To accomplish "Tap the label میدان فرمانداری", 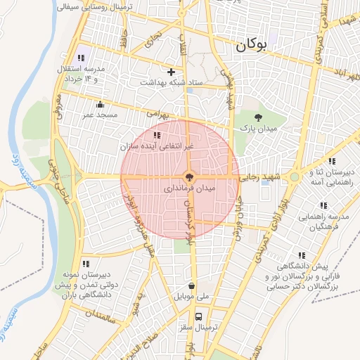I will coord(190,188).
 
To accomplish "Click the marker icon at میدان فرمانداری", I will coord(188,176).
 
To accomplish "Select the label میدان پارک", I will coord(259,129).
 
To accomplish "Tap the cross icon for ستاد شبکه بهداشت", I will coord(171,71).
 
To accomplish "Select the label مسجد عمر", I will coord(99,114).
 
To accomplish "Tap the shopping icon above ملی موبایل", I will coord(192,285).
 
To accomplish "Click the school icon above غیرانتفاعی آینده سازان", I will coord(156,134).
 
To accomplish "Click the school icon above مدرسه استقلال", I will coord(79,57).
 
